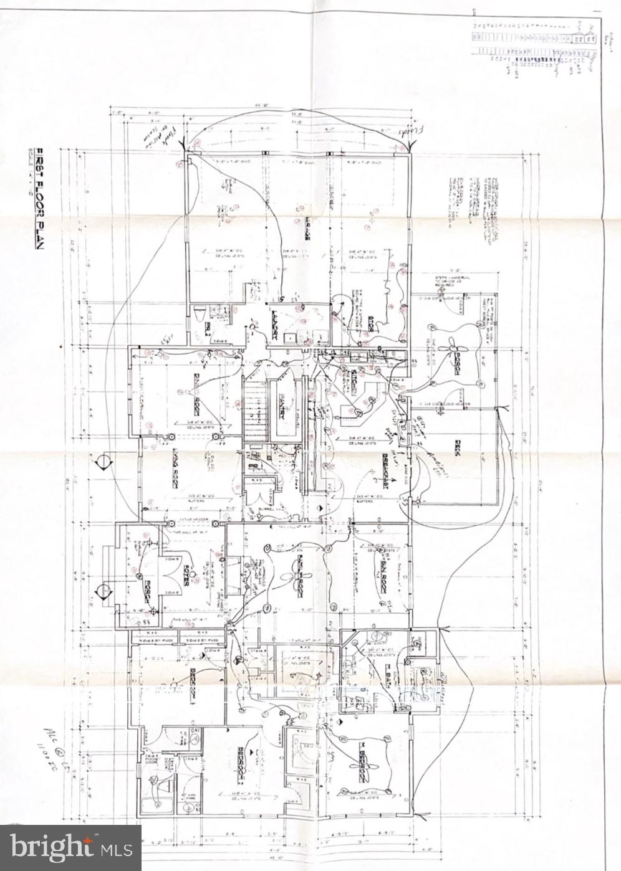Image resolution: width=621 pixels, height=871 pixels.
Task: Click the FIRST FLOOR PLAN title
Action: [38, 198]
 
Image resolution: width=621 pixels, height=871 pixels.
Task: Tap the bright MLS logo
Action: [71, 847]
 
